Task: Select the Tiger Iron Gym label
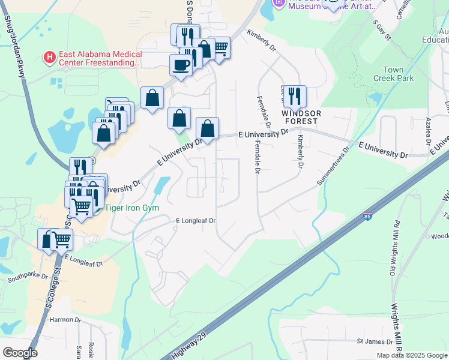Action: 132,208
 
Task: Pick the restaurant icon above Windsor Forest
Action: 295,95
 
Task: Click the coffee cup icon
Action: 180,64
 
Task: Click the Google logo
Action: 20,353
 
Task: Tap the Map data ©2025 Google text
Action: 412,355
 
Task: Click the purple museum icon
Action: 279,3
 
